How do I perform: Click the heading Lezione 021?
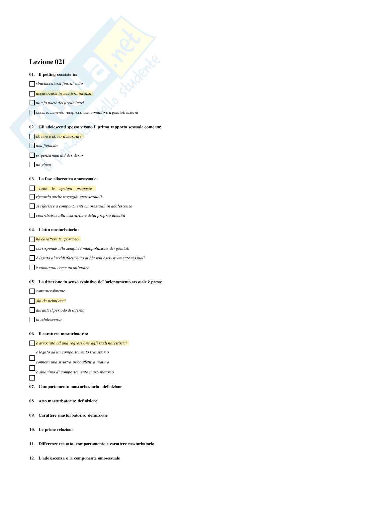click(x=47, y=62)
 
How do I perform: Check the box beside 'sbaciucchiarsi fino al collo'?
click(x=32, y=84)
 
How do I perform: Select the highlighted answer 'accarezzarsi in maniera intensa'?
click(x=63, y=93)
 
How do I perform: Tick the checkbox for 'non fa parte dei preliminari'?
click(x=32, y=103)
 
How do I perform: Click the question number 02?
click(x=32, y=127)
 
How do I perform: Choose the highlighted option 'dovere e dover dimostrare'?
click(x=59, y=136)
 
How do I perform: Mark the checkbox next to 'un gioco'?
click(x=32, y=165)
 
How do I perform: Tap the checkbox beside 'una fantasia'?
click(x=32, y=146)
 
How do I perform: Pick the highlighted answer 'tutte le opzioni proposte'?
click(x=65, y=189)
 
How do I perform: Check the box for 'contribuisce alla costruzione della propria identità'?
click(x=32, y=215)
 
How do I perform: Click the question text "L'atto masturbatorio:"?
click(x=58, y=230)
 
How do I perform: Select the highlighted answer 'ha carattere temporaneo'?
click(x=57, y=239)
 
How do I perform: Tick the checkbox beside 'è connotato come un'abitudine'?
click(x=32, y=268)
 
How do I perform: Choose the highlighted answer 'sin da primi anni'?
click(x=51, y=301)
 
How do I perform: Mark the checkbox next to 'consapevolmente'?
click(x=32, y=291)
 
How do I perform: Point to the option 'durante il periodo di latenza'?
click(x=60, y=310)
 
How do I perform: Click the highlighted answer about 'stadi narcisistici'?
click(x=81, y=343)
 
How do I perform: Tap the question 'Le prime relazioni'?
click(x=55, y=430)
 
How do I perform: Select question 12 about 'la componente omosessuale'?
click(x=79, y=458)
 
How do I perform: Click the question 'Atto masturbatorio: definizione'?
click(x=68, y=401)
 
